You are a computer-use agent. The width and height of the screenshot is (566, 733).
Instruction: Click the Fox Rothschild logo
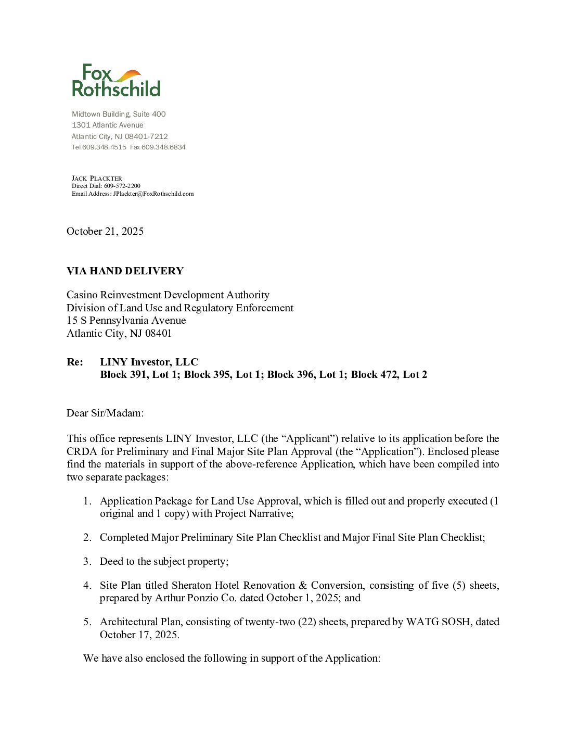pos(116,81)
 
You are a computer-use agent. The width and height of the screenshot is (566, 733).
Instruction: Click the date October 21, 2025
pos(105,231)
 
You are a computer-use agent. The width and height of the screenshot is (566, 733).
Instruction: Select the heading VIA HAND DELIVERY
pos(125,271)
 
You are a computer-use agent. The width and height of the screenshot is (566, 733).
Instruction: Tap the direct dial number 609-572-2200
pos(122,186)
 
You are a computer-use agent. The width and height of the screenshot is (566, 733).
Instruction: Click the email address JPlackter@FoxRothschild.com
pos(153,194)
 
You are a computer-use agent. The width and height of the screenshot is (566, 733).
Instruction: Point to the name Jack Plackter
pos(97,178)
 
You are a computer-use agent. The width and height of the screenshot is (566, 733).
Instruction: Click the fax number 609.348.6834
pos(163,147)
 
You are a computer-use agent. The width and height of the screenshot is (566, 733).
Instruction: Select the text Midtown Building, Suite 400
pos(119,114)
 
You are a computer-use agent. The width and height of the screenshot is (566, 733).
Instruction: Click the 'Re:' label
pos(75,362)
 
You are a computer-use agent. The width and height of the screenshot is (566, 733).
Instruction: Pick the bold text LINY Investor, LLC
pos(149,362)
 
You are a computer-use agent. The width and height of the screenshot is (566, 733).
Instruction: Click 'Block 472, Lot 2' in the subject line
pos(389,374)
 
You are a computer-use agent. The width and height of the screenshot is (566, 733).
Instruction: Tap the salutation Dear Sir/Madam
pos(105,413)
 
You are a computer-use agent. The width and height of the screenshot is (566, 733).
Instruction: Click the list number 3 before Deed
pos(87,561)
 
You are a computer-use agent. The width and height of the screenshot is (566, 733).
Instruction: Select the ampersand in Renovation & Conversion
pos(303,585)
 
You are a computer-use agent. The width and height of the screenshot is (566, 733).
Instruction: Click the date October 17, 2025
pos(139,635)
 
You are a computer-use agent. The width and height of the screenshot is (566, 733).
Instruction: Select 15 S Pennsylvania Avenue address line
pos(126,320)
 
